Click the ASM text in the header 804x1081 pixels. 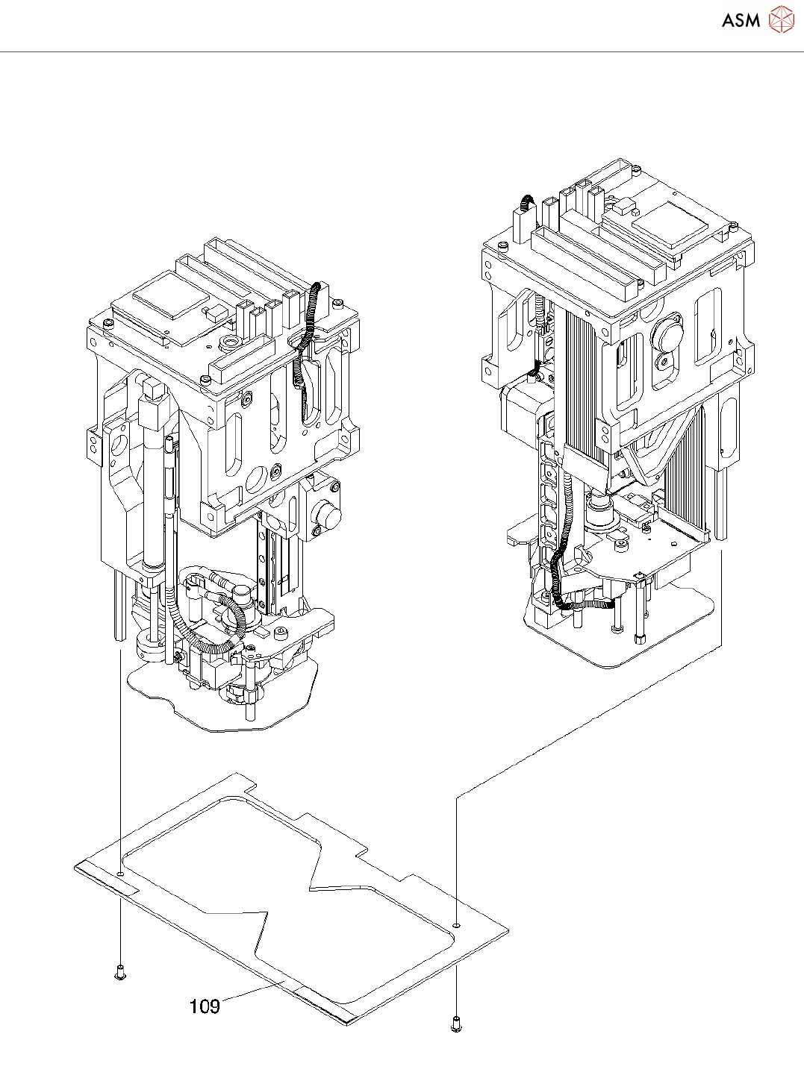coord(740,20)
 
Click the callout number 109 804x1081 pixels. coord(205,1006)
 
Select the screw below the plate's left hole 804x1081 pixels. coord(120,972)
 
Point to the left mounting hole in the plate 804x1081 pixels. coord(121,871)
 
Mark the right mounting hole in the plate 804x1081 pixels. coord(456,924)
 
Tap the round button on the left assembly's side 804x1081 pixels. coord(325,515)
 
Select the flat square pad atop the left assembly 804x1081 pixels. coord(171,301)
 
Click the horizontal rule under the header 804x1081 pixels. coord(402,52)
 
